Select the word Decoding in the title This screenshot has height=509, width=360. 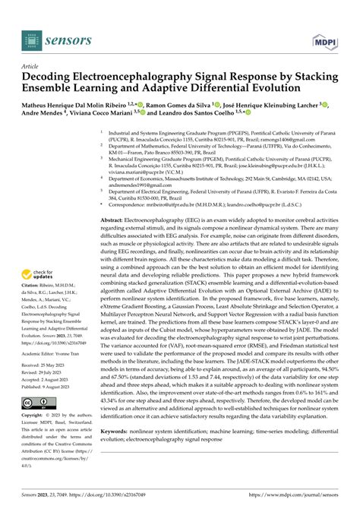tap(50, 76)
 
